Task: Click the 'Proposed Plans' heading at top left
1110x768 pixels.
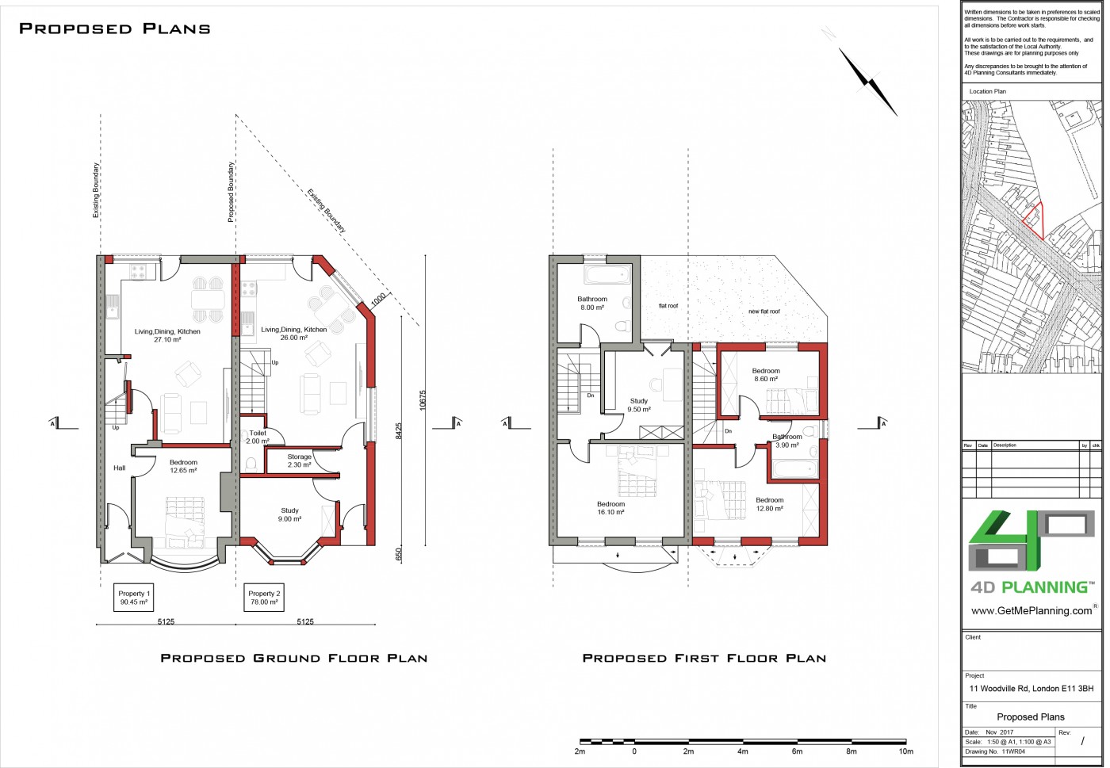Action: pyautogui.click(x=115, y=29)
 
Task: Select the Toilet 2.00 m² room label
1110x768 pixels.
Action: pyautogui.click(x=258, y=437)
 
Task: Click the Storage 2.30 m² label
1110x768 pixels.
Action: pyautogui.click(x=299, y=460)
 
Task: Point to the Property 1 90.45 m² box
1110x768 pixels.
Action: pyautogui.click(x=134, y=598)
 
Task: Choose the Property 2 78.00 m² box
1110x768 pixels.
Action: pyautogui.click(x=264, y=598)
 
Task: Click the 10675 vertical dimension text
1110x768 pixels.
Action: pyautogui.click(x=423, y=399)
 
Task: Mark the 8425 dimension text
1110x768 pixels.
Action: pyautogui.click(x=400, y=431)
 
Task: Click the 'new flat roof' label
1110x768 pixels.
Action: pyautogui.click(x=764, y=311)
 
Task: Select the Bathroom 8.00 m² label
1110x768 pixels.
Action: pyautogui.click(x=592, y=304)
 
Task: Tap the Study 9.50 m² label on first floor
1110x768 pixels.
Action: pyautogui.click(x=639, y=405)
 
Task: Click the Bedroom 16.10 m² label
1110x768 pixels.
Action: pyautogui.click(x=610, y=508)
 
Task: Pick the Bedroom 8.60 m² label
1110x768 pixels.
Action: pyautogui.click(x=766, y=375)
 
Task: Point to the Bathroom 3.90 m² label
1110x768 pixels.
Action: pyautogui.click(x=787, y=441)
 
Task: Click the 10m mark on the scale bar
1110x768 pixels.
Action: pyautogui.click(x=905, y=751)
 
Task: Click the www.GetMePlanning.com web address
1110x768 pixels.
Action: pyautogui.click(x=1031, y=611)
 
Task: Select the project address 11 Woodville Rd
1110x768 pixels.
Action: pyautogui.click(x=1031, y=689)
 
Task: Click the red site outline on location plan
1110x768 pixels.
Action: pyautogui.click(x=1033, y=219)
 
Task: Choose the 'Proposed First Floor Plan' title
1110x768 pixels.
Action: pyautogui.click(x=704, y=658)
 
